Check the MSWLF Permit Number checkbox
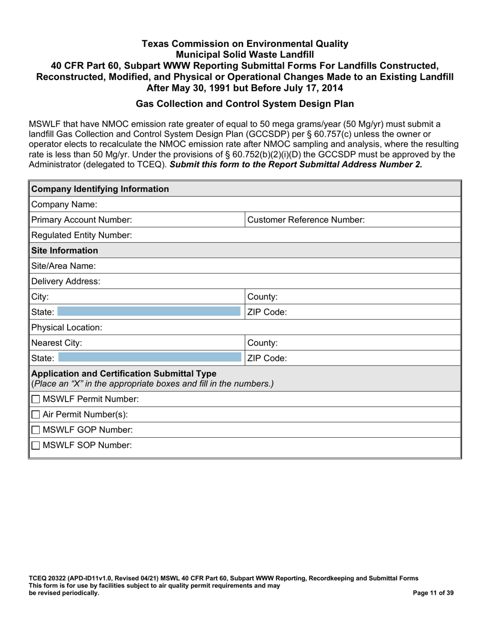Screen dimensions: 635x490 tap(36, 399)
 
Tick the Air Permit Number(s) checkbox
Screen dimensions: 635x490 tap(36, 415)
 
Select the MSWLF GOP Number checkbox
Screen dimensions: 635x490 tap(36, 430)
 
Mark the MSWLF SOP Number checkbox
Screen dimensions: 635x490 tap(36, 445)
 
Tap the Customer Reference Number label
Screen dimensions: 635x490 tap(306, 220)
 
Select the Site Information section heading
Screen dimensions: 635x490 tap(64, 251)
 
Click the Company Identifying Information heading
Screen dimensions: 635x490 tap(100, 189)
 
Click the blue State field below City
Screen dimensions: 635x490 tap(149, 312)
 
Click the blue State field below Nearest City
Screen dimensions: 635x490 tap(150, 358)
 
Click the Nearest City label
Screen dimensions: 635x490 tap(57, 343)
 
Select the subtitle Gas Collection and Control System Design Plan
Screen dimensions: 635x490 tap(244, 104)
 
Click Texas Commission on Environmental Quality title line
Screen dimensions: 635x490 tap(244, 44)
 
